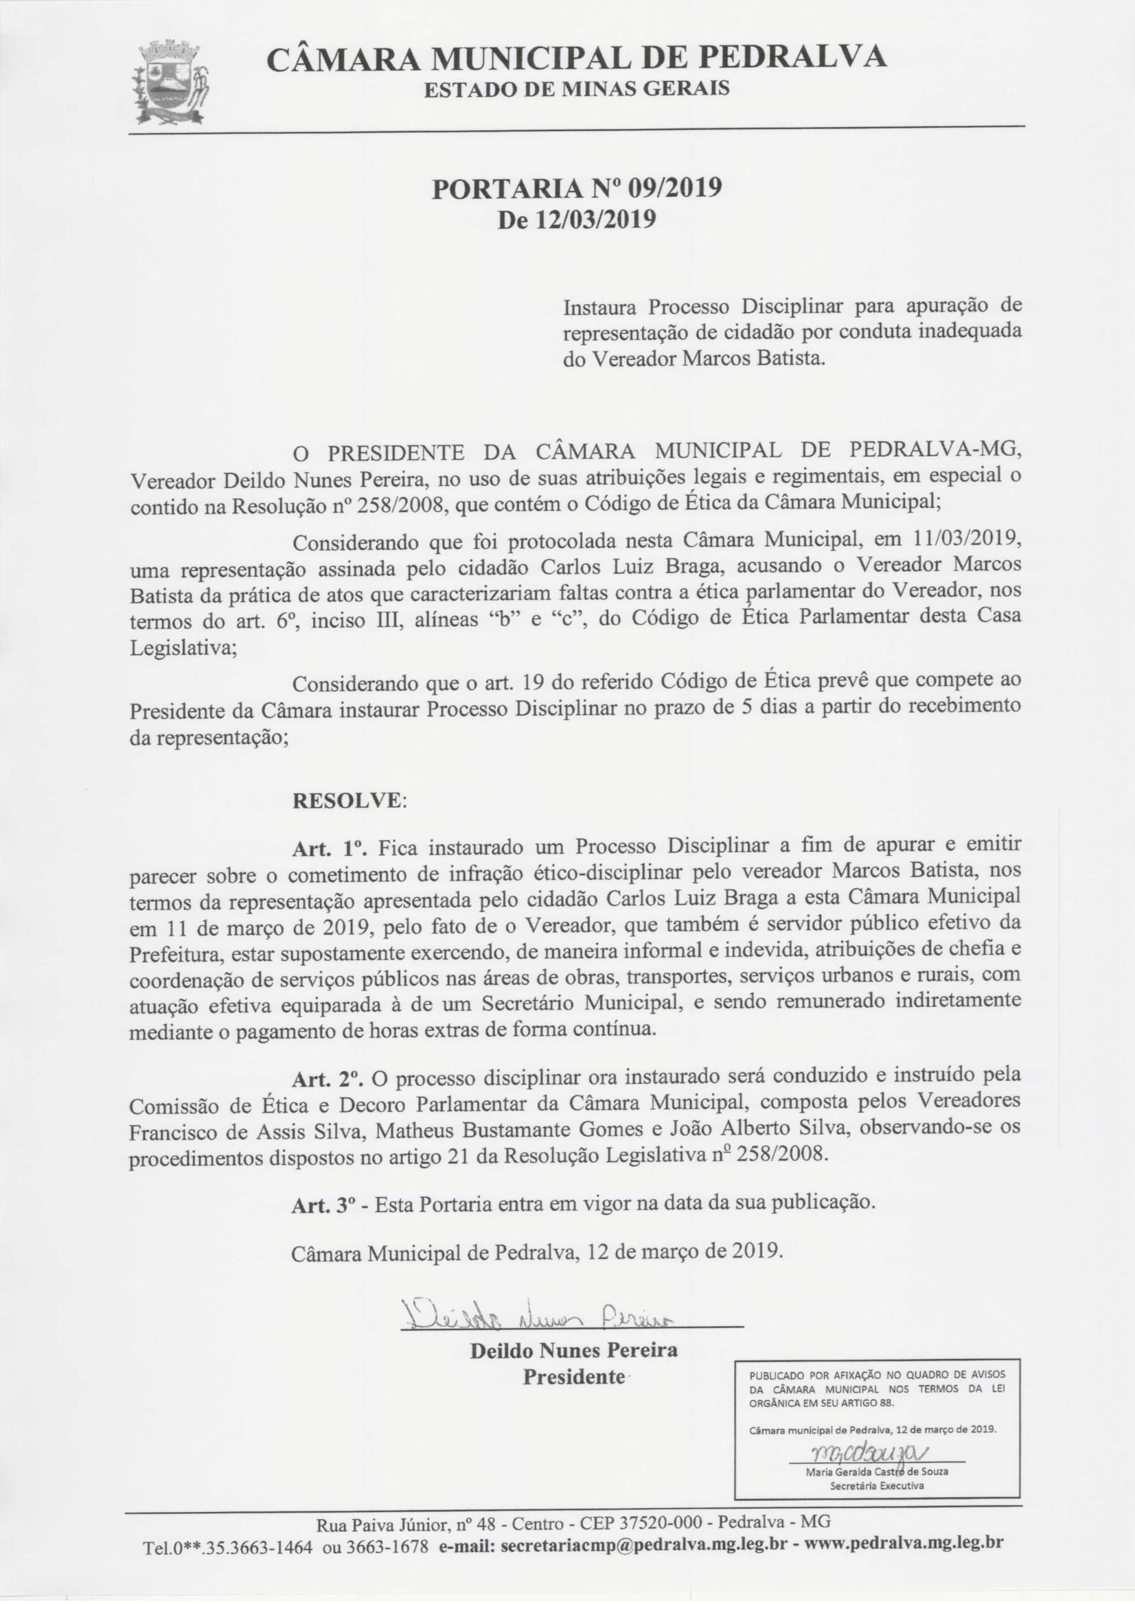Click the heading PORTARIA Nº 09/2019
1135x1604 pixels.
click(x=576, y=189)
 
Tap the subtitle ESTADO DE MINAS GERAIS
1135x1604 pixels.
click(x=577, y=89)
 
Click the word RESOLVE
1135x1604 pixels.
click(x=347, y=800)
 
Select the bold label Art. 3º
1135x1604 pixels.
click(x=328, y=1205)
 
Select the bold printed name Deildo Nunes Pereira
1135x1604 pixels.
click(x=574, y=1349)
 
